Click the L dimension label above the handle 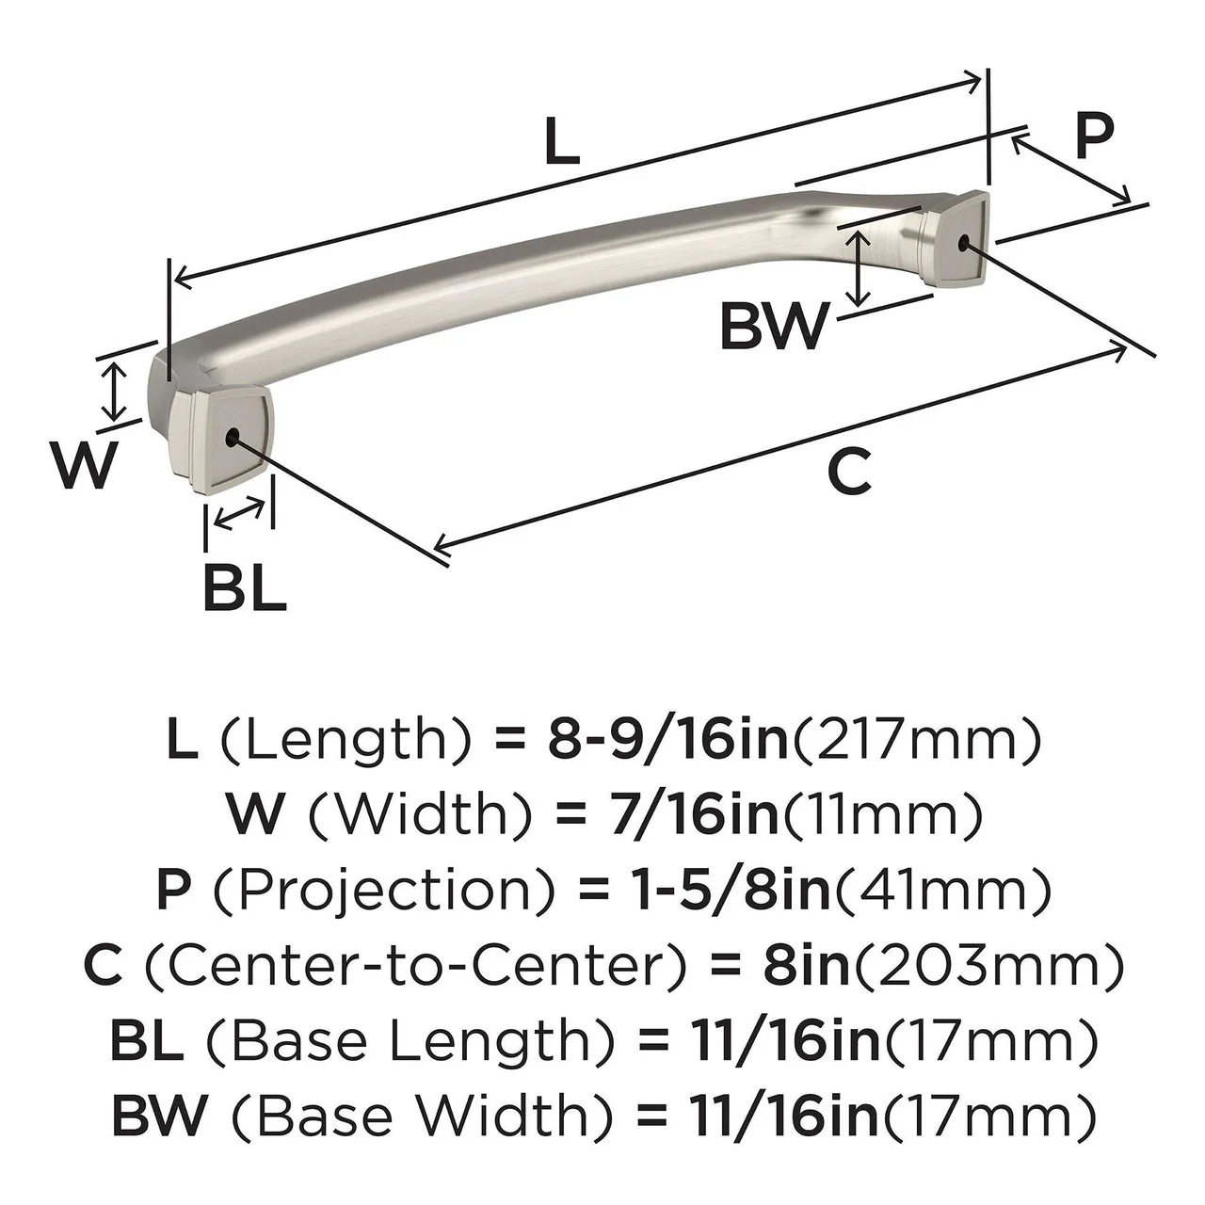562,144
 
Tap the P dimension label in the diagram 1093,137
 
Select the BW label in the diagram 774,327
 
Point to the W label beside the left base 87,465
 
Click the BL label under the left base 244,589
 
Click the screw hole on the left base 232,437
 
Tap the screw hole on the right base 962,243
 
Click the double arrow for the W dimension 114,392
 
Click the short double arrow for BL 240,514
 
